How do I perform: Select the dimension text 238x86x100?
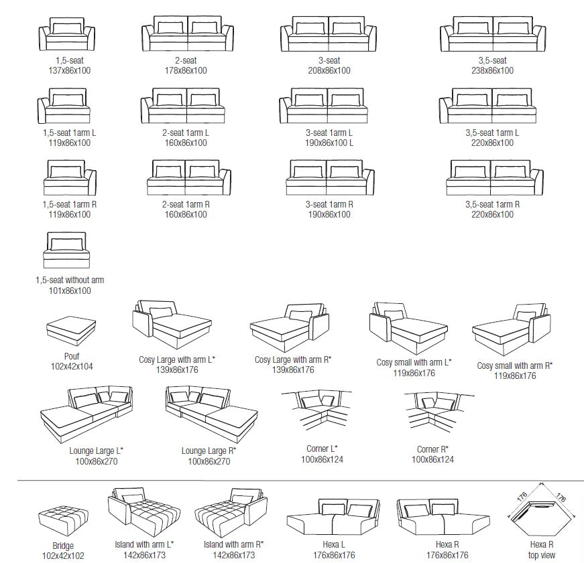[491, 70]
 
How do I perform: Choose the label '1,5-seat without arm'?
[70, 280]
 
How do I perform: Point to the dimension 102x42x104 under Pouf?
[68, 367]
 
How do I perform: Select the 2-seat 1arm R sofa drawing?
[188, 177]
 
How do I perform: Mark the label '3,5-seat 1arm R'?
[491, 205]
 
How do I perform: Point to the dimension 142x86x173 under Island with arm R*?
[233, 555]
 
